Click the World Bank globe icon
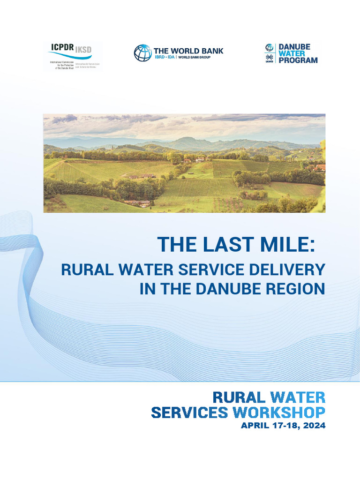pyautogui.click(x=142, y=53)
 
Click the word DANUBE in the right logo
pyautogui.click(x=294, y=47)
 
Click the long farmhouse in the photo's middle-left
pyautogui.click(x=142, y=176)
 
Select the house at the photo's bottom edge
pyautogui.click(x=137, y=203)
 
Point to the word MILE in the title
pyautogui.click(x=279, y=245)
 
